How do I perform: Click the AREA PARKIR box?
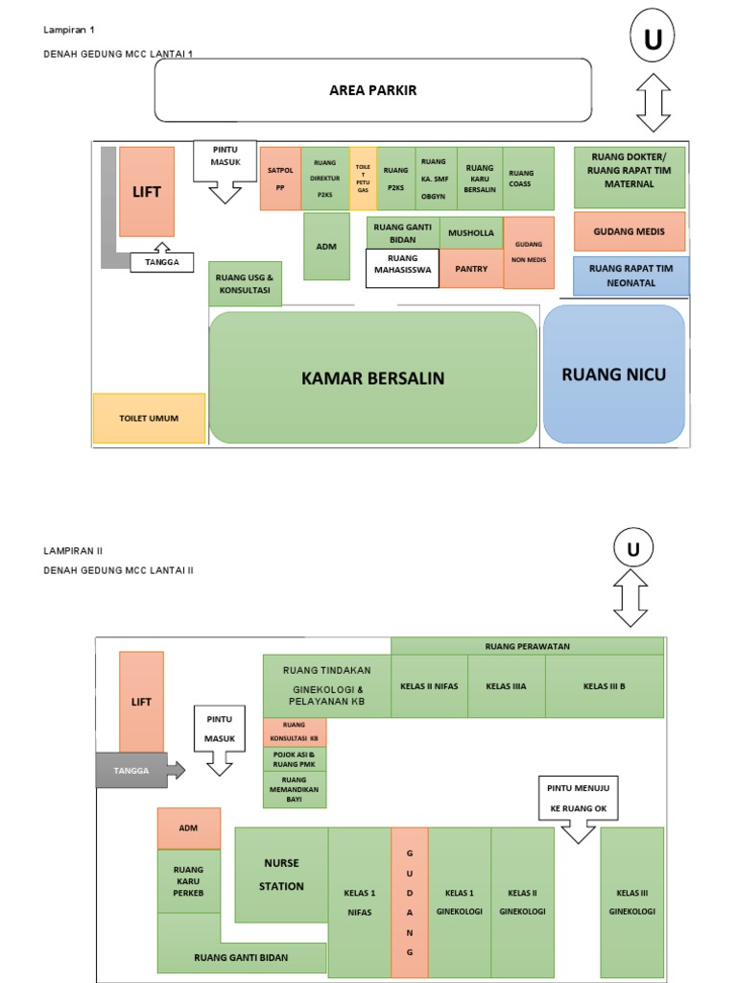372,90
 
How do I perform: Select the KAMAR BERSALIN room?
372,377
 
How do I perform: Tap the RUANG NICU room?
613,374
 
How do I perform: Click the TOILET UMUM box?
149,419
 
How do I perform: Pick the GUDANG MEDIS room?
630,231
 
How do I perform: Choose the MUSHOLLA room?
471,233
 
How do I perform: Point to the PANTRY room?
471,269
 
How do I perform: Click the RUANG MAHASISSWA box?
402,269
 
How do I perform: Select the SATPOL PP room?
280,178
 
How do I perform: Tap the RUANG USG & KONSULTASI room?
245,283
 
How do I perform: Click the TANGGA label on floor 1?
161,262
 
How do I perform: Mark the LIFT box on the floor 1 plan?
147,191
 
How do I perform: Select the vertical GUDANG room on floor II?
409,902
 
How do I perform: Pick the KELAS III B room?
604,686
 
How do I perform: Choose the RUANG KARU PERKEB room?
188,881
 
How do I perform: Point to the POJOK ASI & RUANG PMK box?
295,758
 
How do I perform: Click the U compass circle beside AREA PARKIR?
654,40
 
